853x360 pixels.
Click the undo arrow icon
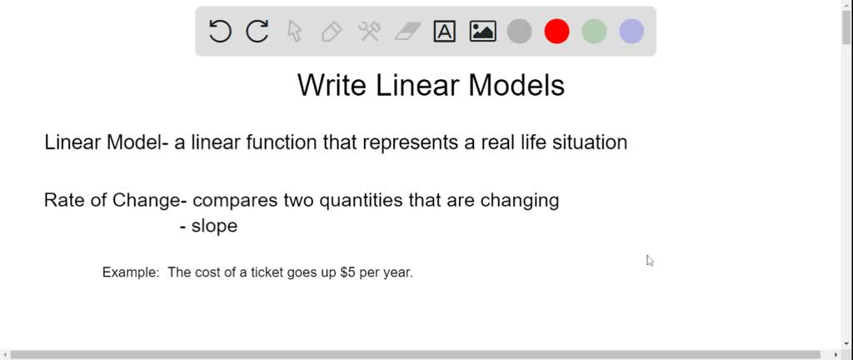click(x=220, y=32)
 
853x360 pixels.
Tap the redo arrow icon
click(x=257, y=32)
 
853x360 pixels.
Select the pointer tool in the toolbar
click(x=294, y=32)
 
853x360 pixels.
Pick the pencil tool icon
click(x=332, y=32)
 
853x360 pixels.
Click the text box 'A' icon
click(x=445, y=32)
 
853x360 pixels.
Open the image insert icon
click(x=482, y=32)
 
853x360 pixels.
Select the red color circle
click(x=556, y=31)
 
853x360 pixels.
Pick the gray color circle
click(x=520, y=31)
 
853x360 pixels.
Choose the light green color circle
click(x=594, y=31)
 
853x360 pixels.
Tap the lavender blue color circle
click(x=631, y=31)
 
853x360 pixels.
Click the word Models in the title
click(x=516, y=85)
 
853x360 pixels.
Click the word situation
click(x=590, y=142)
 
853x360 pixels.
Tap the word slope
click(x=214, y=226)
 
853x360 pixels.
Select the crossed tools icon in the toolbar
click(x=369, y=32)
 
